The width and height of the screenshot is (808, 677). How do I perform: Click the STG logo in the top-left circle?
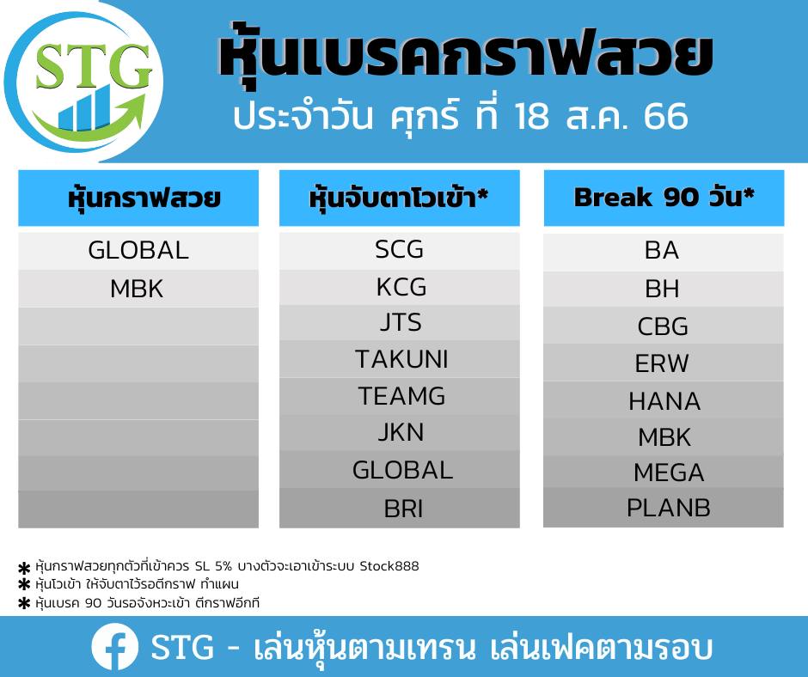(x=84, y=82)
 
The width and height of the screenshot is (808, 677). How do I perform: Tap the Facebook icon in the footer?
(x=114, y=647)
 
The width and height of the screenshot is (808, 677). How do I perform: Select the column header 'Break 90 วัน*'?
(x=664, y=198)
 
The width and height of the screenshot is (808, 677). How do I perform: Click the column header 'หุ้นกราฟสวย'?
(x=138, y=198)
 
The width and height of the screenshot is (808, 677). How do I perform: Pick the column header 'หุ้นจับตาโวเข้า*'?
(x=400, y=198)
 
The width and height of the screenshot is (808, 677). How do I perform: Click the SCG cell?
(x=400, y=250)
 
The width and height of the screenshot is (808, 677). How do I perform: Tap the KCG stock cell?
(x=400, y=287)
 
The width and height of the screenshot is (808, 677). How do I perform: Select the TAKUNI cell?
(x=400, y=359)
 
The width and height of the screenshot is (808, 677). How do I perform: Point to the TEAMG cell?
(x=400, y=396)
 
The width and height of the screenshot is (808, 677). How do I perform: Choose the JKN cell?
(x=400, y=432)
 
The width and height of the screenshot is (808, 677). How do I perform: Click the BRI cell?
(x=400, y=509)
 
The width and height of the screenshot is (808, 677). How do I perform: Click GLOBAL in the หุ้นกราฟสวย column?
(x=138, y=251)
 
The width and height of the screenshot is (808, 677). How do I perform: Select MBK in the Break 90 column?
(x=664, y=437)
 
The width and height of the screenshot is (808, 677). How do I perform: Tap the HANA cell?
(x=664, y=401)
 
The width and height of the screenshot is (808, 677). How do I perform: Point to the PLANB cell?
(x=664, y=508)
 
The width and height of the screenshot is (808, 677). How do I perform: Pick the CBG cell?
(x=664, y=326)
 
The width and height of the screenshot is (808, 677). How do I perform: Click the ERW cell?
(x=664, y=363)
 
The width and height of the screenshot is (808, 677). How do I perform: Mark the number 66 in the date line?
(x=666, y=116)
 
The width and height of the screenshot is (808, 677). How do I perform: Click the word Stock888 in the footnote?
(x=389, y=566)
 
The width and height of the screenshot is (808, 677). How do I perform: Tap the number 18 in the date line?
(x=532, y=116)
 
